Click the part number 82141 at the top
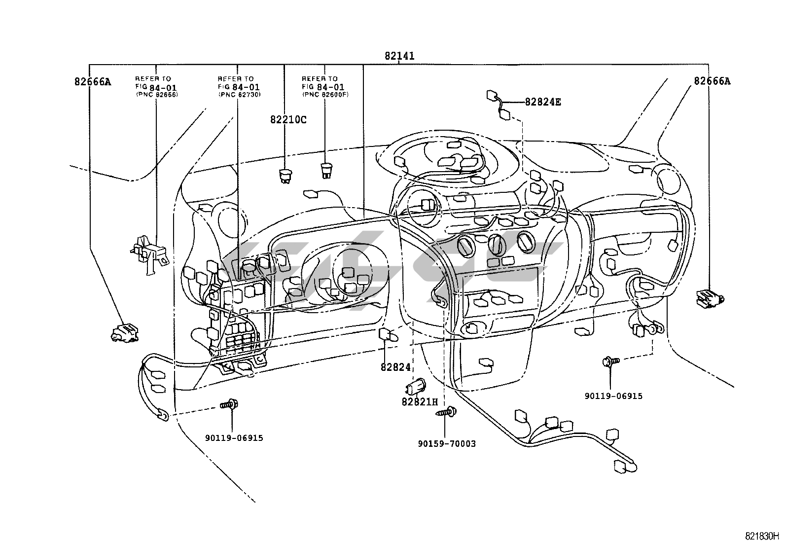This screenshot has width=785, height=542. [x=399, y=56]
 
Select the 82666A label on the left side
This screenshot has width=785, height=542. [x=93, y=82]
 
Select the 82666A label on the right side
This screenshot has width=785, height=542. [x=712, y=81]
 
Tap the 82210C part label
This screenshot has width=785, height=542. [x=288, y=119]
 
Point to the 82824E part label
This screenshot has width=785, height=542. [x=543, y=102]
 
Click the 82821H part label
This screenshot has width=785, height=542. [x=420, y=401]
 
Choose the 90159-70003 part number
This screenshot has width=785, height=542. [x=447, y=444]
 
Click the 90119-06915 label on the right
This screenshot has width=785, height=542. [x=614, y=396]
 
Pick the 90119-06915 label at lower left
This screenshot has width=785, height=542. [x=234, y=438]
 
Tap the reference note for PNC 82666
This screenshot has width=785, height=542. [x=156, y=86]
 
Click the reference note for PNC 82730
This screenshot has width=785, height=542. [x=239, y=86]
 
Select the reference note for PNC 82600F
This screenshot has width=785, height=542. [x=324, y=86]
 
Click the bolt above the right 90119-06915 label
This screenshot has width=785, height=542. [x=610, y=362]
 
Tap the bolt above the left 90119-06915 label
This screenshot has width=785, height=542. [x=229, y=405]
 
